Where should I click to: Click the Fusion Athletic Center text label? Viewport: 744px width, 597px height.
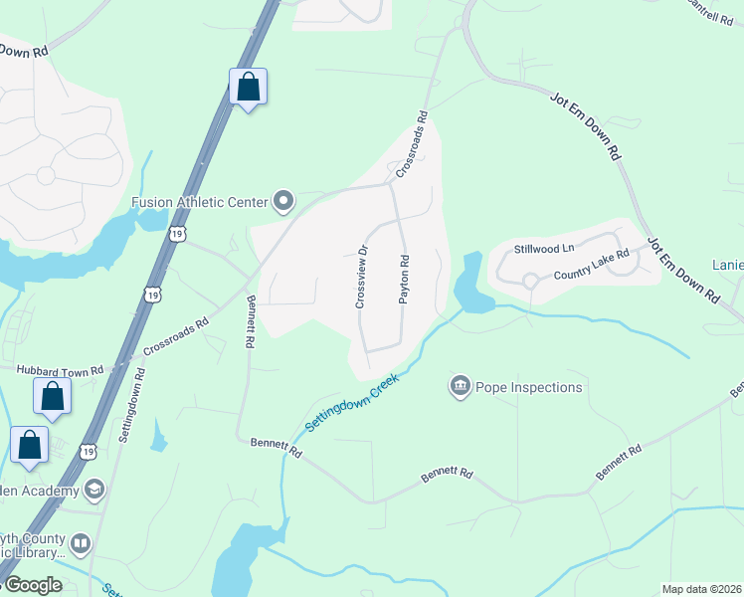200,202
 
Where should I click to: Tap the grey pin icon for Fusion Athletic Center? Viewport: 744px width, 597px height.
283,202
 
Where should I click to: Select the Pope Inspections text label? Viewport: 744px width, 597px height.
528,387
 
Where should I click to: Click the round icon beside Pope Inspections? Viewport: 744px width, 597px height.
460,386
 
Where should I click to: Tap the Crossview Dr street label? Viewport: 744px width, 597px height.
363,276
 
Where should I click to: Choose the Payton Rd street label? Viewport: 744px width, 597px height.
405,280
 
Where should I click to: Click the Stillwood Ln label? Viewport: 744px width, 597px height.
544,248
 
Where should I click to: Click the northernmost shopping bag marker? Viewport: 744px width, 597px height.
248,87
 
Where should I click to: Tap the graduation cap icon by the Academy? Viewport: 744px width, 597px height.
94,490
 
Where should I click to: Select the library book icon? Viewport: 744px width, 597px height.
81,544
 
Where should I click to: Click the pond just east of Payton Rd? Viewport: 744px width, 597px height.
470,289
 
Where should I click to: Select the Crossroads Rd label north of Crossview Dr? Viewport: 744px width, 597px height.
412,143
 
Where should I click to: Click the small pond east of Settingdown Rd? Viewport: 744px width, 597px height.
158,434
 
